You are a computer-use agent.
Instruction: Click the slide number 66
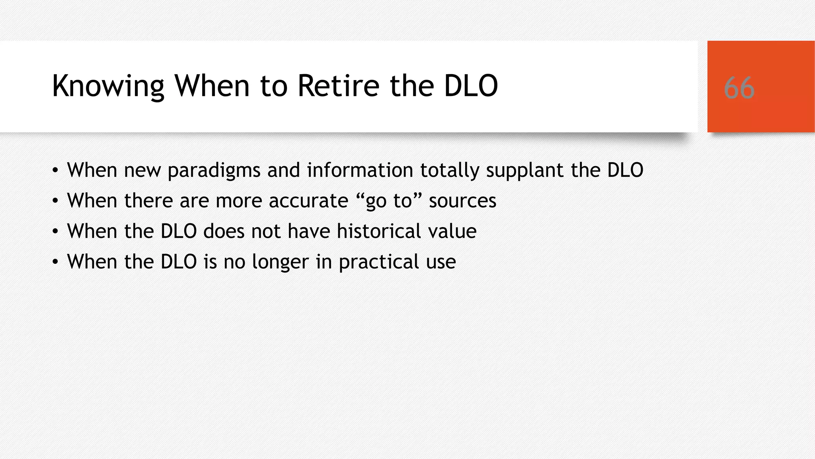coord(739,88)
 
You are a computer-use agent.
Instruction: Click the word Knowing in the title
coord(108,86)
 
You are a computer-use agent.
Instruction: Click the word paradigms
coord(214,171)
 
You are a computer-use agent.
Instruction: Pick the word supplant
coord(525,171)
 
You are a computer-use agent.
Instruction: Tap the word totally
coord(449,171)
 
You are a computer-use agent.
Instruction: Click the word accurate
coord(308,200)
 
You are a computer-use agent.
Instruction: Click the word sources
coord(462,200)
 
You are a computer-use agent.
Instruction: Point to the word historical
coord(379,231)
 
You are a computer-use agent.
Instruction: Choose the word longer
coord(280,262)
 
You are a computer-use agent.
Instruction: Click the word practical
coord(379,262)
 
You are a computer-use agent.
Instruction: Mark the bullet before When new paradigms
coord(55,171)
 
